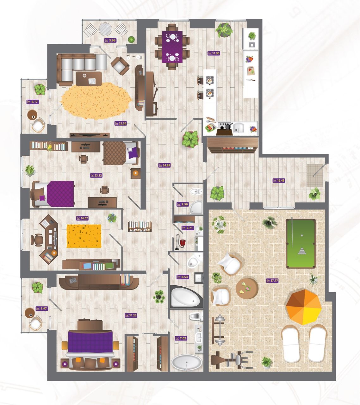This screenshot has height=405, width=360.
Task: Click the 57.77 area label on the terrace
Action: click(x=272, y=280)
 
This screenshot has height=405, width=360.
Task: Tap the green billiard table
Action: click(x=301, y=244)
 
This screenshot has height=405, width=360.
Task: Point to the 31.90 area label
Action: click(x=214, y=53)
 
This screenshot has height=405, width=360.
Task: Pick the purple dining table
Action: click(x=172, y=47)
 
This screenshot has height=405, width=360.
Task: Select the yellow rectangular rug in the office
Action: click(x=84, y=236)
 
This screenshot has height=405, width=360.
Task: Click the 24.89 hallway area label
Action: click(x=164, y=165)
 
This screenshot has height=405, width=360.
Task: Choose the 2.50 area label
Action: click(x=183, y=204)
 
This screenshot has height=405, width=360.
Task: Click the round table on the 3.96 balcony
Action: click(x=105, y=29)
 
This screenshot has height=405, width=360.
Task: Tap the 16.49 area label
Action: click(x=279, y=181)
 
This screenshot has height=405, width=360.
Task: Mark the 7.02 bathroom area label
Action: click(x=181, y=338)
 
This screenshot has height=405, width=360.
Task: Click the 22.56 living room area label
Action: click(x=121, y=123)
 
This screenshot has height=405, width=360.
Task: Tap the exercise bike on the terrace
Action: click(x=232, y=360)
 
